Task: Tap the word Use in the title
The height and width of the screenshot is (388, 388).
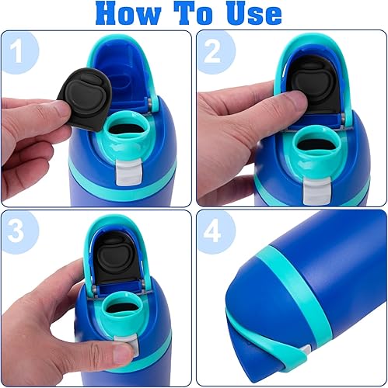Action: pos(249,13)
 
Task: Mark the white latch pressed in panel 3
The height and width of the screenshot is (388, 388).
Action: pos(121,356)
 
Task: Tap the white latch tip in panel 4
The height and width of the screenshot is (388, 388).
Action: pos(306,350)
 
